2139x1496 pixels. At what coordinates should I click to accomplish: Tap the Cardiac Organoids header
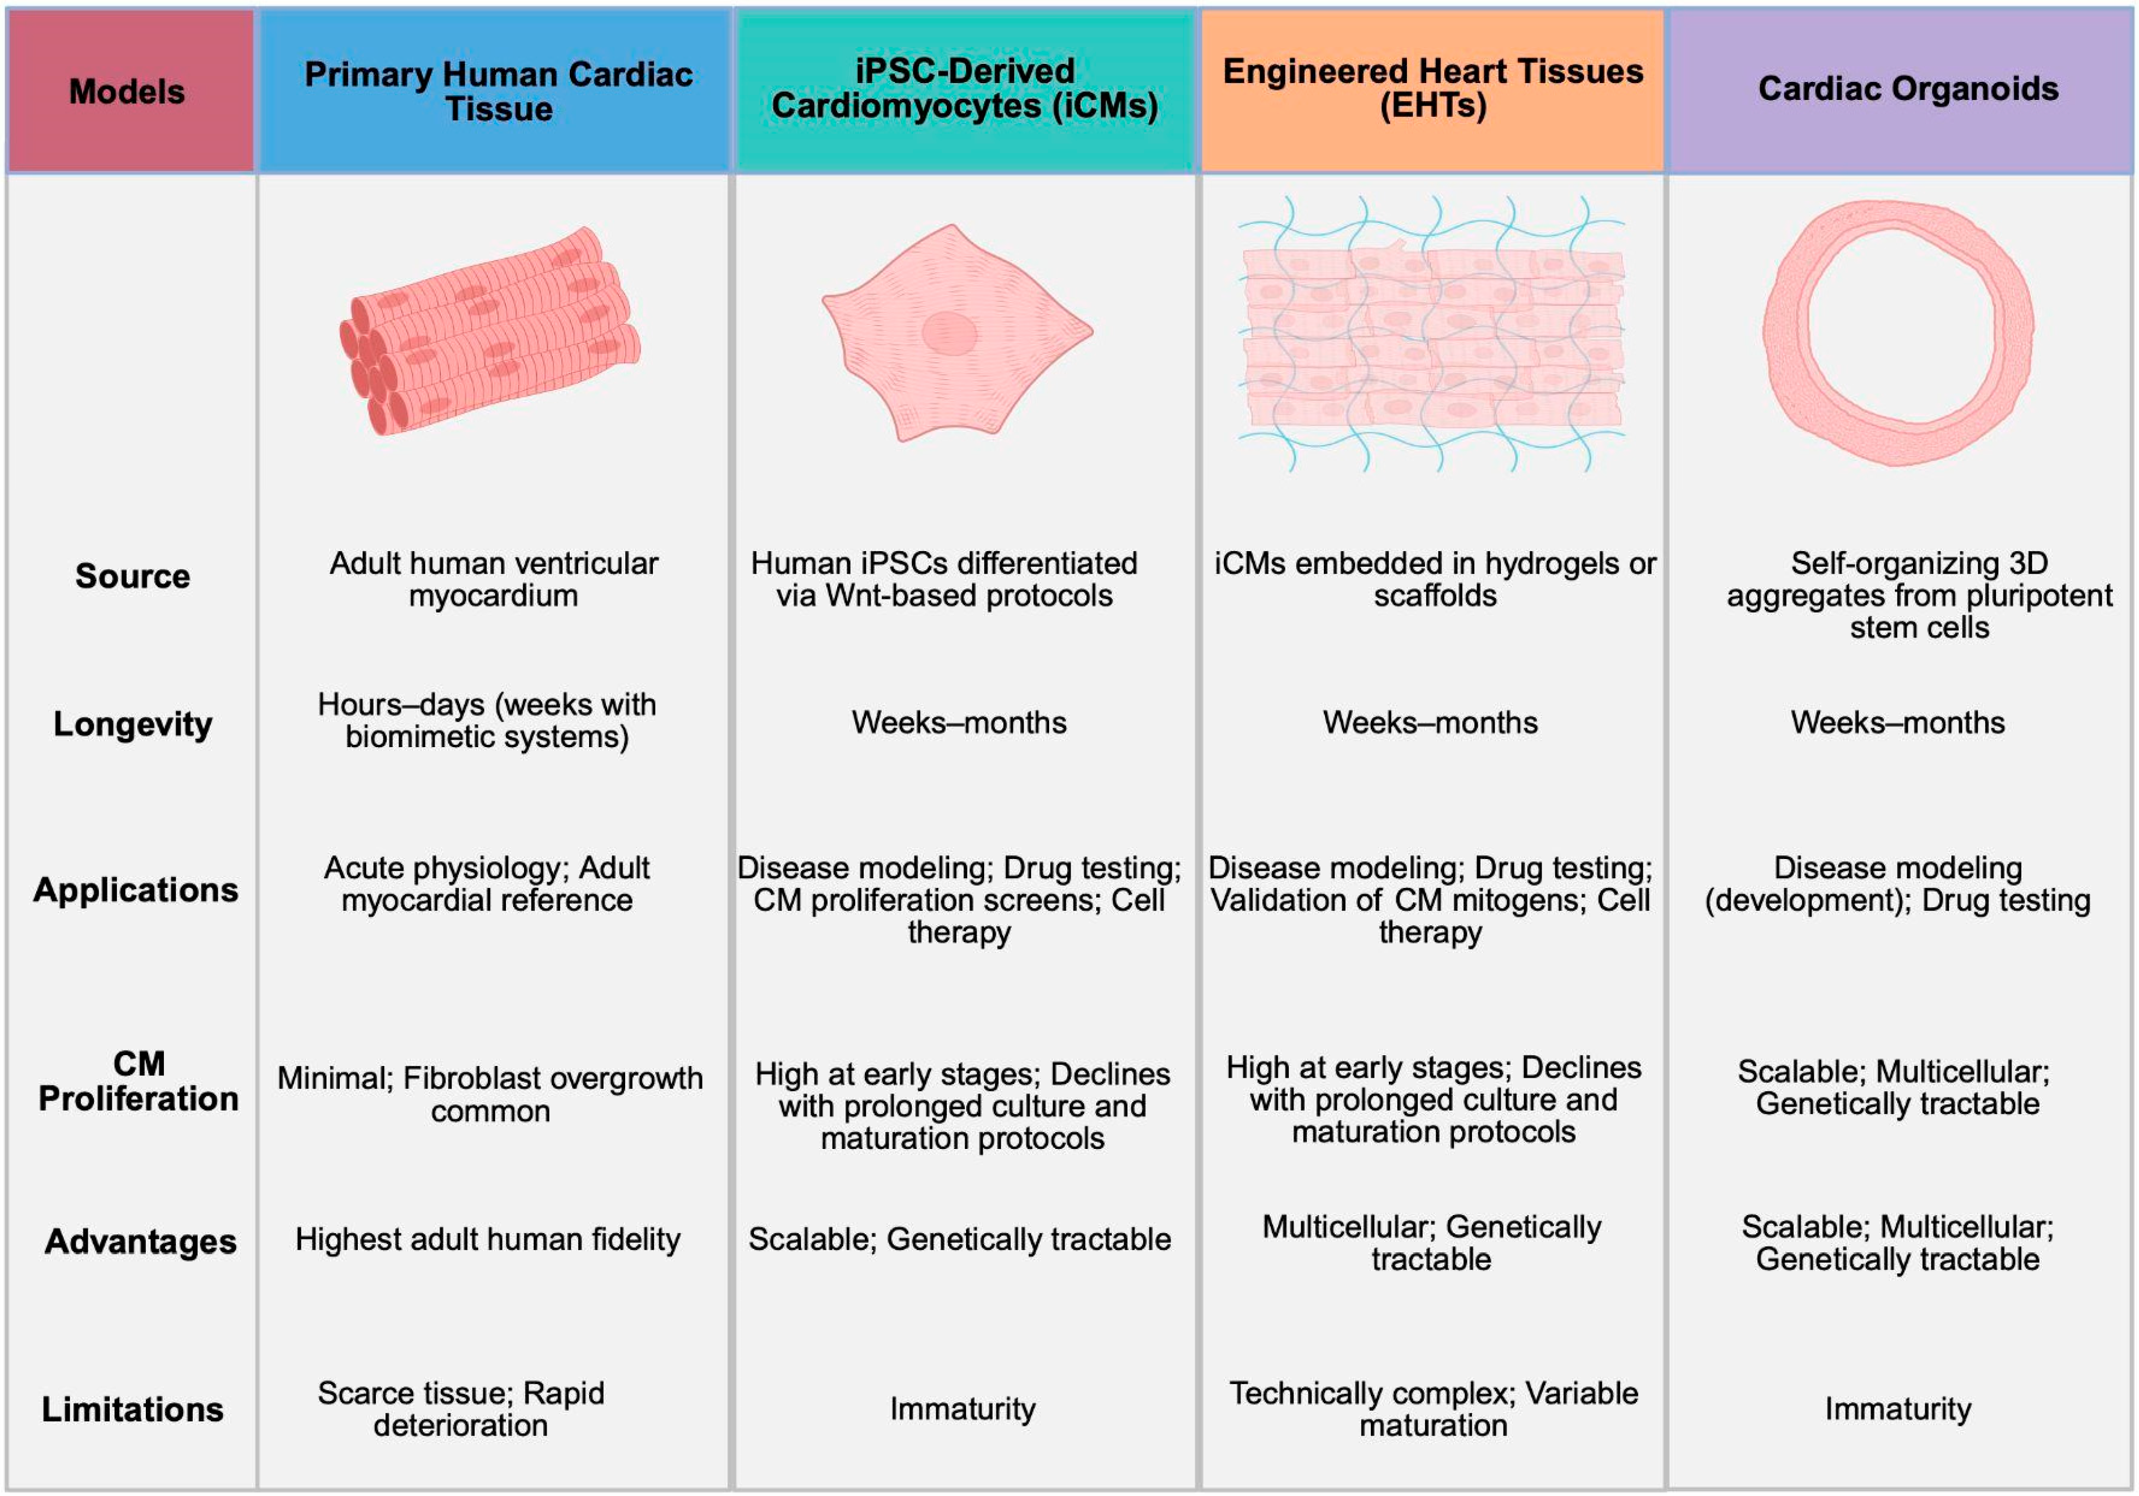(x=1907, y=89)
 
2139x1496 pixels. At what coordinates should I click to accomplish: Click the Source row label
(x=132, y=576)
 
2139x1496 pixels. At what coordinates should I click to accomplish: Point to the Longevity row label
(x=132, y=724)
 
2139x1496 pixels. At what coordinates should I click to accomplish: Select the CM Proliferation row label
(x=138, y=1082)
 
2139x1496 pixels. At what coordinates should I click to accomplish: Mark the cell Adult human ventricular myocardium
(x=493, y=579)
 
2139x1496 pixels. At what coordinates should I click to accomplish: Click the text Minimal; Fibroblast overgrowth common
(x=490, y=1095)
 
